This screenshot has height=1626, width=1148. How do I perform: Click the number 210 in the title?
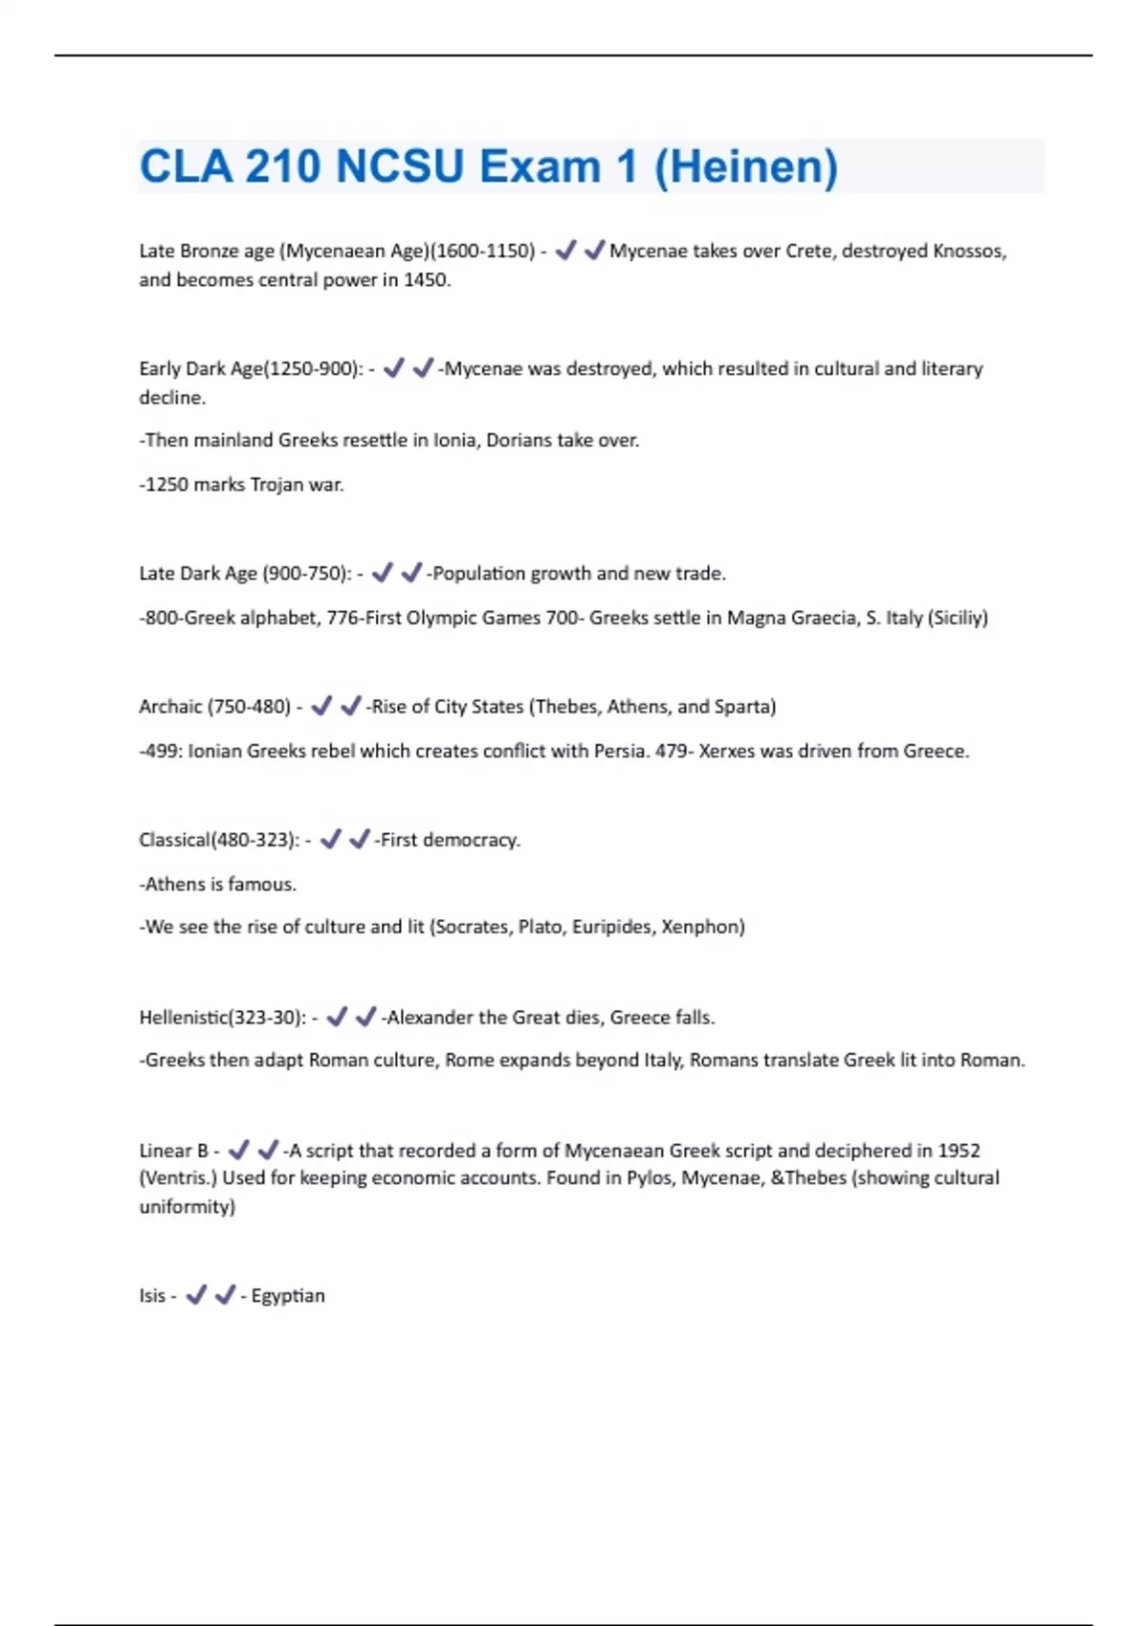[282, 167]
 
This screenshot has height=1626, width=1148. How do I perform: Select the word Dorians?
[519, 440]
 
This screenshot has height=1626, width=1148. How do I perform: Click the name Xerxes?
[726, 751]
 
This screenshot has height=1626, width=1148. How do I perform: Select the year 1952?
[959, 1151]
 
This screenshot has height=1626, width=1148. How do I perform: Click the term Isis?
[152, 1296]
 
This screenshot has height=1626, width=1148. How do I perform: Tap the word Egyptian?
[288, 1296]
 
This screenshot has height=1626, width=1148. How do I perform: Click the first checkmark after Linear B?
[239, 1150]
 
